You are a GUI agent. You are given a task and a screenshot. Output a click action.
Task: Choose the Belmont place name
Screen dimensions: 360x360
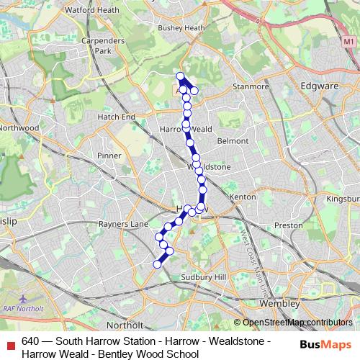[233, 141]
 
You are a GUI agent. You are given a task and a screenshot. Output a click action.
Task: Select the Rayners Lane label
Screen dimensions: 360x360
[128, 224]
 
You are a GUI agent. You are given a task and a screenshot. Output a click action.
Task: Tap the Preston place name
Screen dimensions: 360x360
[288, 225]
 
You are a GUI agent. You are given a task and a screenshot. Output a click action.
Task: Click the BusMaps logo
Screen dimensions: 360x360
[321, 343]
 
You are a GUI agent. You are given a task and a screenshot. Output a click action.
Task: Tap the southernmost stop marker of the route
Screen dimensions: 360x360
[157, 264]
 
